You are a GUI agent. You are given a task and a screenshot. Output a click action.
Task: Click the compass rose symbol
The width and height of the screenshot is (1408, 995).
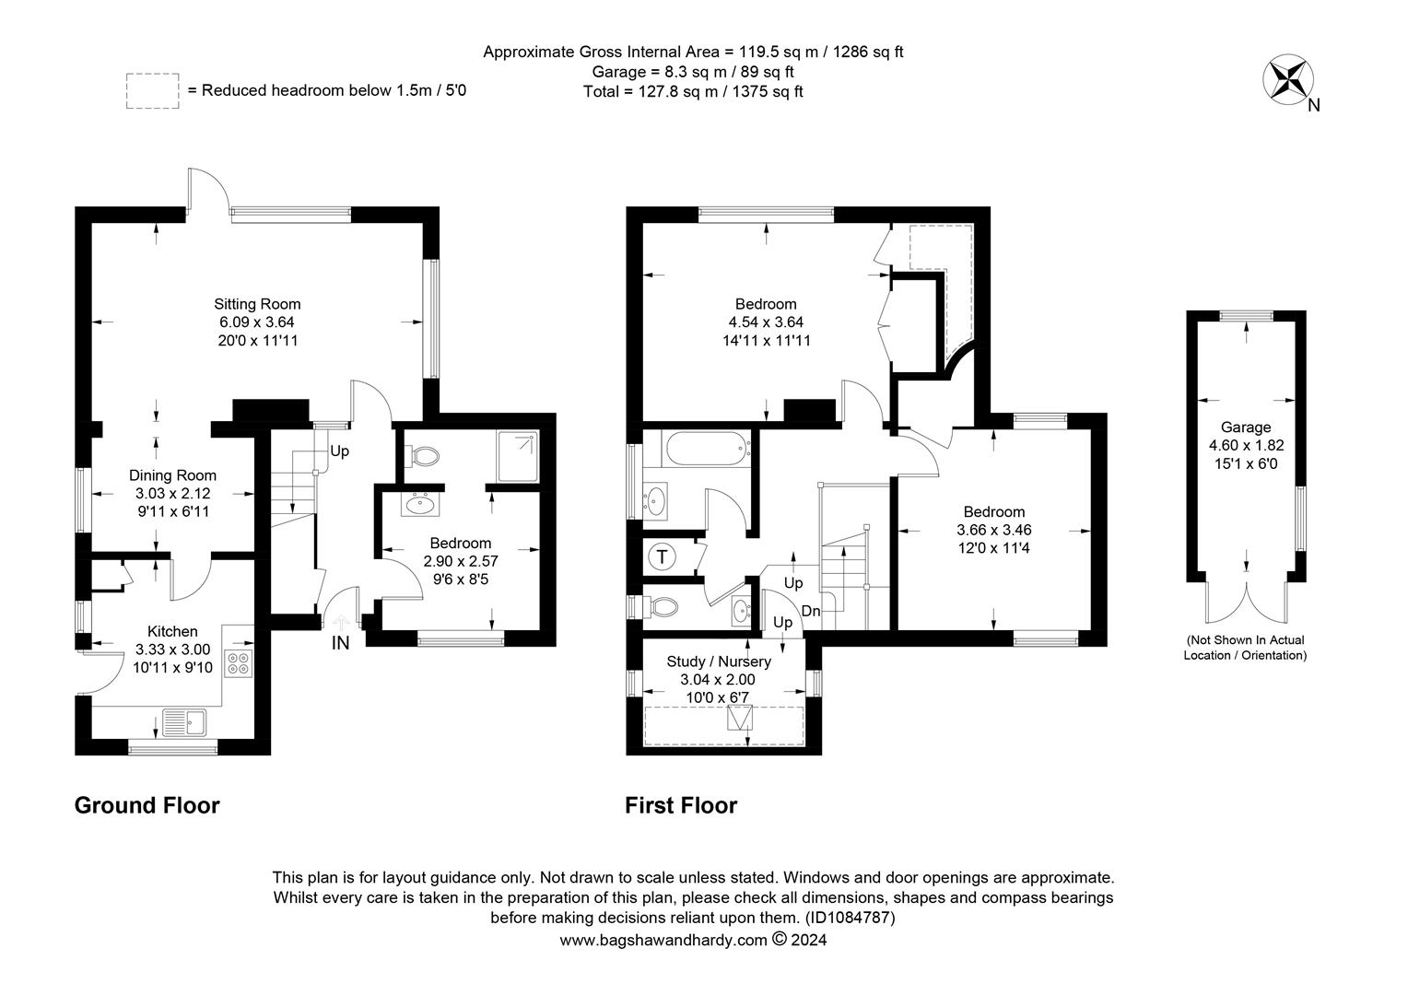coord(1288,79)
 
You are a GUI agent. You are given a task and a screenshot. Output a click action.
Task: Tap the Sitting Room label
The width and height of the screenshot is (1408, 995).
coord(257,304)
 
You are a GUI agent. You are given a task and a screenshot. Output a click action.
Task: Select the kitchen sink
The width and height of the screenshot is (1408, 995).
coord(184,721)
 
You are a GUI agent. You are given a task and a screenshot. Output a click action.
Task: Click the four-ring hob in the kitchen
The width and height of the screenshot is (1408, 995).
coord(239,663)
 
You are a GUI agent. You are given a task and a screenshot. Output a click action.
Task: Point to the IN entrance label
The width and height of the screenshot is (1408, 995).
coord(340,642)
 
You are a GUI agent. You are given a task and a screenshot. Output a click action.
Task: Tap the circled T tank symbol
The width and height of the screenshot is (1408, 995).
coord(662,556)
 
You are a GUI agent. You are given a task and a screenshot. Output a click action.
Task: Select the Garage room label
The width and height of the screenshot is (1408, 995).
coord(1246,427)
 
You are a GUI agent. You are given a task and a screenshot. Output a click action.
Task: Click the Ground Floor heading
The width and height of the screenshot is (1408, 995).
coord(147,805)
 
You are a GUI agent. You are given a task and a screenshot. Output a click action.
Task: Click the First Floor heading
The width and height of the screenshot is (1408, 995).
coord(681,805)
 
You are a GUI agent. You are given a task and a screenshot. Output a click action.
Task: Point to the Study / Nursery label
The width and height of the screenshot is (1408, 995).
coord(719,661)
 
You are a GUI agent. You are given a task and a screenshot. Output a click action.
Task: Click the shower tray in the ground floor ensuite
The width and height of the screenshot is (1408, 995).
coord(517,456)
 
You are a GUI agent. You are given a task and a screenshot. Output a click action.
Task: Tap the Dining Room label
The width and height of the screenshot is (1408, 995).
coord(173,475)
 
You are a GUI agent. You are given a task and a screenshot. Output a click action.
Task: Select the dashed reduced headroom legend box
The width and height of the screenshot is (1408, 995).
coord(153,91)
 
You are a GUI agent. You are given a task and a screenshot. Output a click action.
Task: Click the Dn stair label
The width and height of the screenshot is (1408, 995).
coord(811,610)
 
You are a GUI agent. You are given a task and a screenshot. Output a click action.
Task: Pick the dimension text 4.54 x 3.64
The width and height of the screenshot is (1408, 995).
coord(766,322)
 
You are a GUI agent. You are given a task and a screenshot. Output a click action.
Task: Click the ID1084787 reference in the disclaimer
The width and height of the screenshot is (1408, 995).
coord(850,918)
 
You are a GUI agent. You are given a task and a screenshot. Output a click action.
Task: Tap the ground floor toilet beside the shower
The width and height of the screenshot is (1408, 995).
coord(422,456)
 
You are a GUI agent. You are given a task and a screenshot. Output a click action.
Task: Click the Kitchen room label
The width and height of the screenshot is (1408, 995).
coord(172,632)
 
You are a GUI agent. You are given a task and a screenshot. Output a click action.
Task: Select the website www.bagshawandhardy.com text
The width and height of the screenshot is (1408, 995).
coord(663,941)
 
